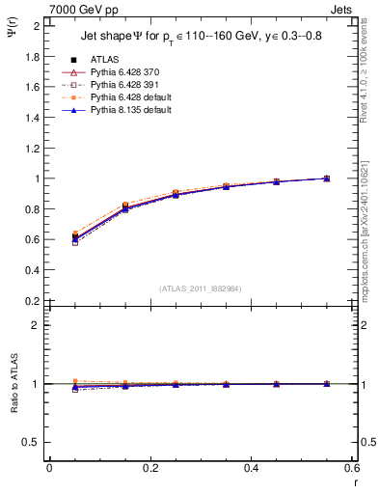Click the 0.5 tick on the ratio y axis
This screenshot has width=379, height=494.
coord(34,442)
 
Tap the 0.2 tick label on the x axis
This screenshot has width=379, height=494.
coord(149,469)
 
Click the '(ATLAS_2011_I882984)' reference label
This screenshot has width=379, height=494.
coord(200,288)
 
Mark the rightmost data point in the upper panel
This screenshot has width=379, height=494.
coord(326,178)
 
